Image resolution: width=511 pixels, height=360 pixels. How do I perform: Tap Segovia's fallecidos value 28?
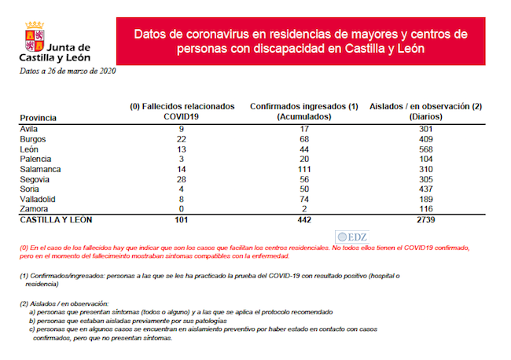[182, 179]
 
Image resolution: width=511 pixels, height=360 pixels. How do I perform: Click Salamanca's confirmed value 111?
[303, 169]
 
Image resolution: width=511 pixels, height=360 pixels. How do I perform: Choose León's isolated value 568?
[425, 149]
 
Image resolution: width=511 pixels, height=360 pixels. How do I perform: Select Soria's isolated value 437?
[425, 189]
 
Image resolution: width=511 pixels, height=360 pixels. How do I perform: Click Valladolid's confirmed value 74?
[303, 200]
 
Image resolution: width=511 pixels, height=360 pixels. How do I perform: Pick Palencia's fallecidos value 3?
[182, 159]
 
